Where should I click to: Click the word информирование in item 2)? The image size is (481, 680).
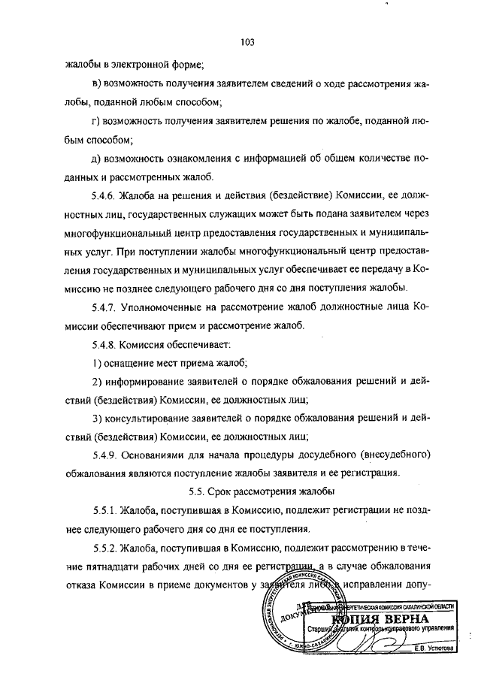coord(149,381)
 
